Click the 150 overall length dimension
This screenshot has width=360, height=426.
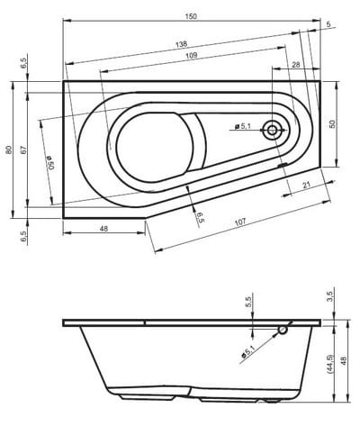pos(192,16)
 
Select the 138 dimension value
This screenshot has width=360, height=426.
pos(181,44)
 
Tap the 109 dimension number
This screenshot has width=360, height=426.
pos(192,55)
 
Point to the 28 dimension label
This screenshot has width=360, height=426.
pos(296,65)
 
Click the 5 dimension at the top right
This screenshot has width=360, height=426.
pos(328,24)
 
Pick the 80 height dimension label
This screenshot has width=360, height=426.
pos(10,150)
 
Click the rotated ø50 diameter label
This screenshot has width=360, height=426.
pos(50,163)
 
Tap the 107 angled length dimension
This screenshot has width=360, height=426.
pos(240,222)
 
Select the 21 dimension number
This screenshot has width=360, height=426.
pos(306,185)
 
